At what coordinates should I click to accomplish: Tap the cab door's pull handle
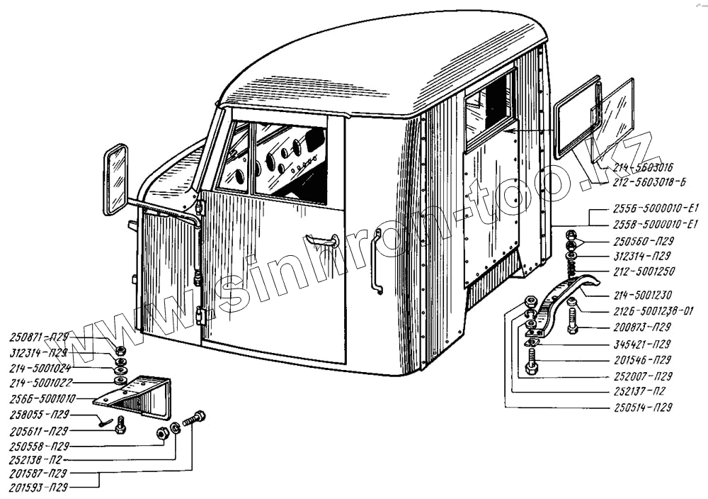(x=321, y=241)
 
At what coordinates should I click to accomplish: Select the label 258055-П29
(x=40, y=415)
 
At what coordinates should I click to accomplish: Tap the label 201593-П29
(x=40, y=488)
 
